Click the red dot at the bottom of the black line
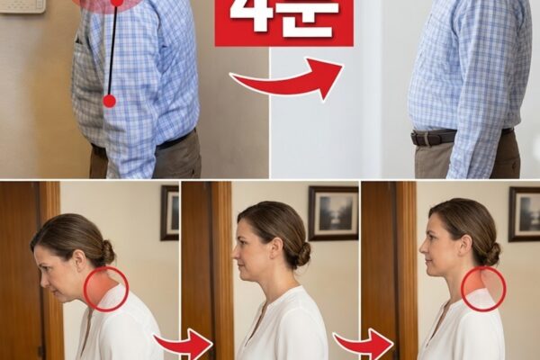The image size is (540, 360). pos(110,101)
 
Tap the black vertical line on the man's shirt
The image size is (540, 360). pos(113,50)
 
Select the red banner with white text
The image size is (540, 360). pos(284,22)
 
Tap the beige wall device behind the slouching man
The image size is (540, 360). pos(22,6)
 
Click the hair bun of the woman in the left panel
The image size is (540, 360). pos(106,253)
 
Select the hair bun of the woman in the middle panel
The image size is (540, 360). pos(303,254)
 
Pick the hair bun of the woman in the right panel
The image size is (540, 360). pos(493,254)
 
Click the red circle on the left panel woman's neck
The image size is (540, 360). pos(107,289)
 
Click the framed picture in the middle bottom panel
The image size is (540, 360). pos(333,213)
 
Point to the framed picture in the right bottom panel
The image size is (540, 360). pos(524,214)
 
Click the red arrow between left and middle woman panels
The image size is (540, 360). pos(184,344)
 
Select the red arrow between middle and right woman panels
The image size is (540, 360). pos(364,344)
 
